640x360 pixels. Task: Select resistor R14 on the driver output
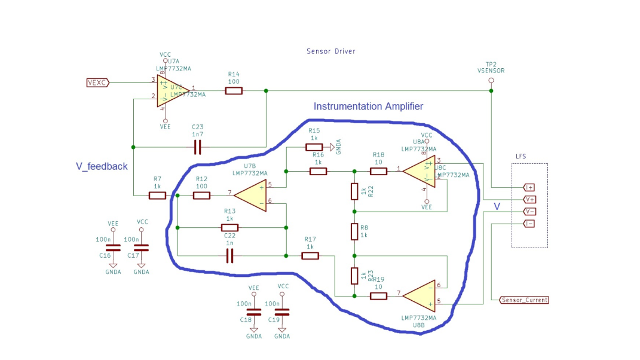pyautogui.click(x=234, y=91)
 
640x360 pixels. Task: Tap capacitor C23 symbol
pyautogui.click(x=197, y=147)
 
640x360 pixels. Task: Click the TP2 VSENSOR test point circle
pyautogui.click(x=491, y=80)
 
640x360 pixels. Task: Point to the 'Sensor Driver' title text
pyautogui.click(x=330, y=51)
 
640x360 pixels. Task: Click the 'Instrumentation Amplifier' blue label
pyautogui.click(x=368, y=106)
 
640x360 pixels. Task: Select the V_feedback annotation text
pyautogui.click(x=101, y=166)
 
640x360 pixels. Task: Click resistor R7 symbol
pyautogui.click(x=157, y=196)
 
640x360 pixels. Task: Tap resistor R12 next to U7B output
pyautogui.click(x=201, y=196)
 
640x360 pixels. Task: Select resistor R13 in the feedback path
pyautogui.click(x=229, y=227)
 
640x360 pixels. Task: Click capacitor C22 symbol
pyautogui.click(x=230, y=256)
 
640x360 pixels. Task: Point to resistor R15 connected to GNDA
pyautogui.click(x=314, y=147)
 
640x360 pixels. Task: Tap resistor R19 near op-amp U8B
pyautogui.click(x=379, y=295)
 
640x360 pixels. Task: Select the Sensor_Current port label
pyautogui.click(x=524, y=300)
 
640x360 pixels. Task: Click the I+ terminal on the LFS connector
pyautogui.click(x=529, y=187)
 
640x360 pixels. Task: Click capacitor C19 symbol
pyautogui.click(x=282, y=312)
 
